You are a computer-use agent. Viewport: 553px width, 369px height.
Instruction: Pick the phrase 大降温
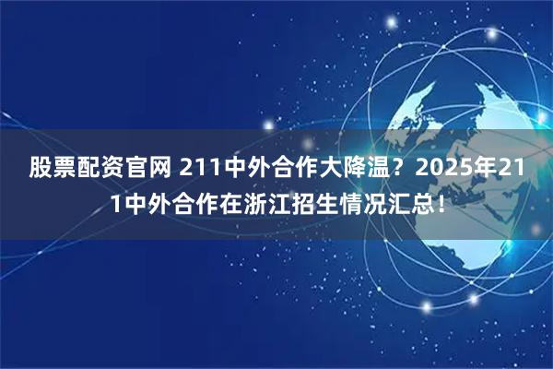(x=330, y=168)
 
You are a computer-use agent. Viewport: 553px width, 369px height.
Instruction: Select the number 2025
(x=421, y=168)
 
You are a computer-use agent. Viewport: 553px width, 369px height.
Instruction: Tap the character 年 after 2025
(x=465, y=168)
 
